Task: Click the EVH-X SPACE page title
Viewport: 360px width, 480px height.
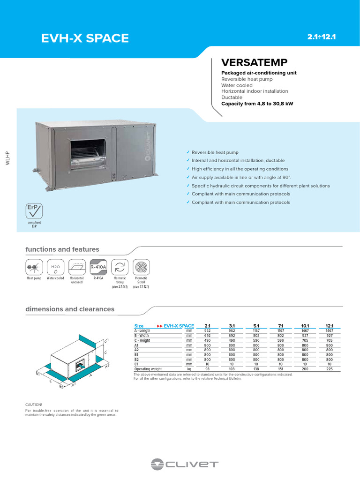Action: point(85,38)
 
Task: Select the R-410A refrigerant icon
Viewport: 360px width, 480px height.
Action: point(98,267)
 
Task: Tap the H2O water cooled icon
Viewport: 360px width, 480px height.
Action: point(55,267)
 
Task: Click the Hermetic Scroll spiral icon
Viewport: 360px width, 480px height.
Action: point(141,267)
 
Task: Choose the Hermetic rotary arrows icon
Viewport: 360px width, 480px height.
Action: point(120,267)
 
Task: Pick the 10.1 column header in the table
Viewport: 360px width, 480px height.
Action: point(305,325)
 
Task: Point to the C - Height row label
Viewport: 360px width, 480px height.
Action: point(143,340)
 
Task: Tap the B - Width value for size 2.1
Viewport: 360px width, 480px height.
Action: point(208,335)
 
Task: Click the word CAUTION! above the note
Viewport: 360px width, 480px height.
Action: point(33,404)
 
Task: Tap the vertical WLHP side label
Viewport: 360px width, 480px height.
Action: point(7,158)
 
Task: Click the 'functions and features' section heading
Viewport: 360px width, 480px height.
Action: point(62,249)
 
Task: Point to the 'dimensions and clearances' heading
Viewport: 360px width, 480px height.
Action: point(69,309)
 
